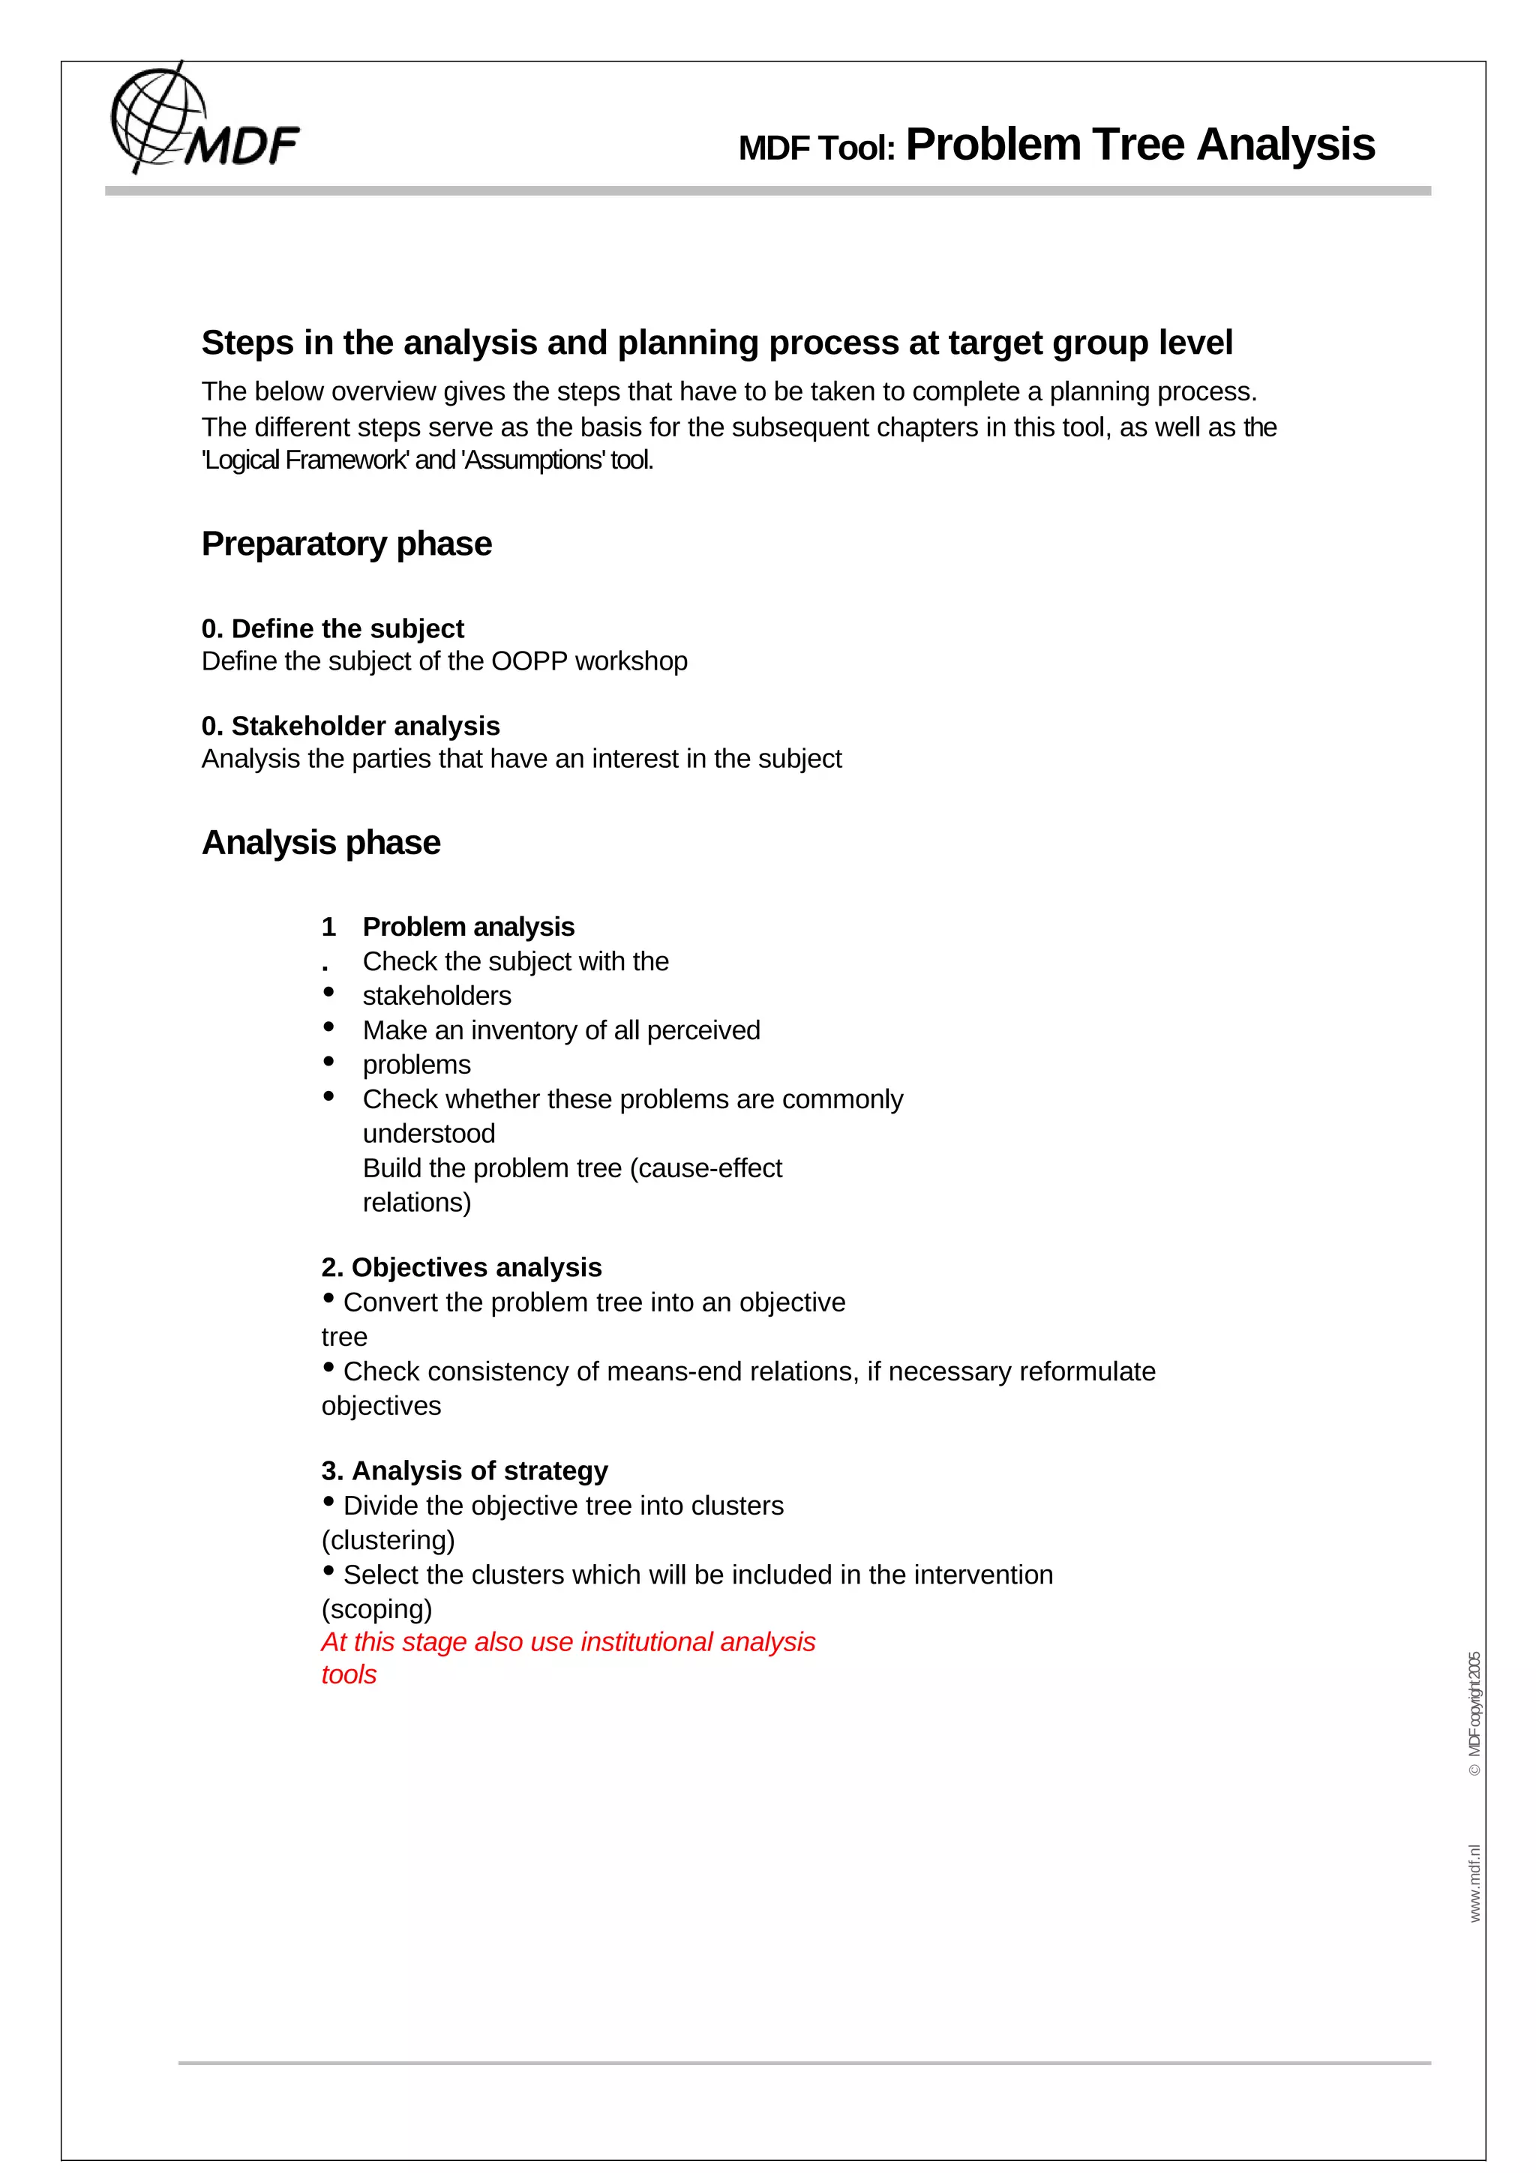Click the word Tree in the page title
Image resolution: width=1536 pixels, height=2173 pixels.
[x=1138, y=145]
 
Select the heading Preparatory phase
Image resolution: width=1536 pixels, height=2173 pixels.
[x=346, y=544]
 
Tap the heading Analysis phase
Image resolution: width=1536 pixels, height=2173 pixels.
[x=321, y=842]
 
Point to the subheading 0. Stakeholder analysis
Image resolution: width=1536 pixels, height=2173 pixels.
[x=350, y=726]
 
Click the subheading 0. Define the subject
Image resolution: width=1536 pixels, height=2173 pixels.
[x=332, y=628]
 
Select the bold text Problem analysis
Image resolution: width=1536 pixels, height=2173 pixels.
[x=469, y=927]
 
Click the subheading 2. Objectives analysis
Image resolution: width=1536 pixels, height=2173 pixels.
[x=461, y=1267]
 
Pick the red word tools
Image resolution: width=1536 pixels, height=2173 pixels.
[x=348, y=1674]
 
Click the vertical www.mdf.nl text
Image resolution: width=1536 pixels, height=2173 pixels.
[x=1474, y=1883]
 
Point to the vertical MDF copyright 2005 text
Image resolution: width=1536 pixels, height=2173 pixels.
[x=1474, y=1714]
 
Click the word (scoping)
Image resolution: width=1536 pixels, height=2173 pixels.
[x=376, y=1609]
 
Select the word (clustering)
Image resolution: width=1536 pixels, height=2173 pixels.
[x=388, y=1540]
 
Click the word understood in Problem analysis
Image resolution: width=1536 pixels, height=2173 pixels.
[x=429, y=1134]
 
